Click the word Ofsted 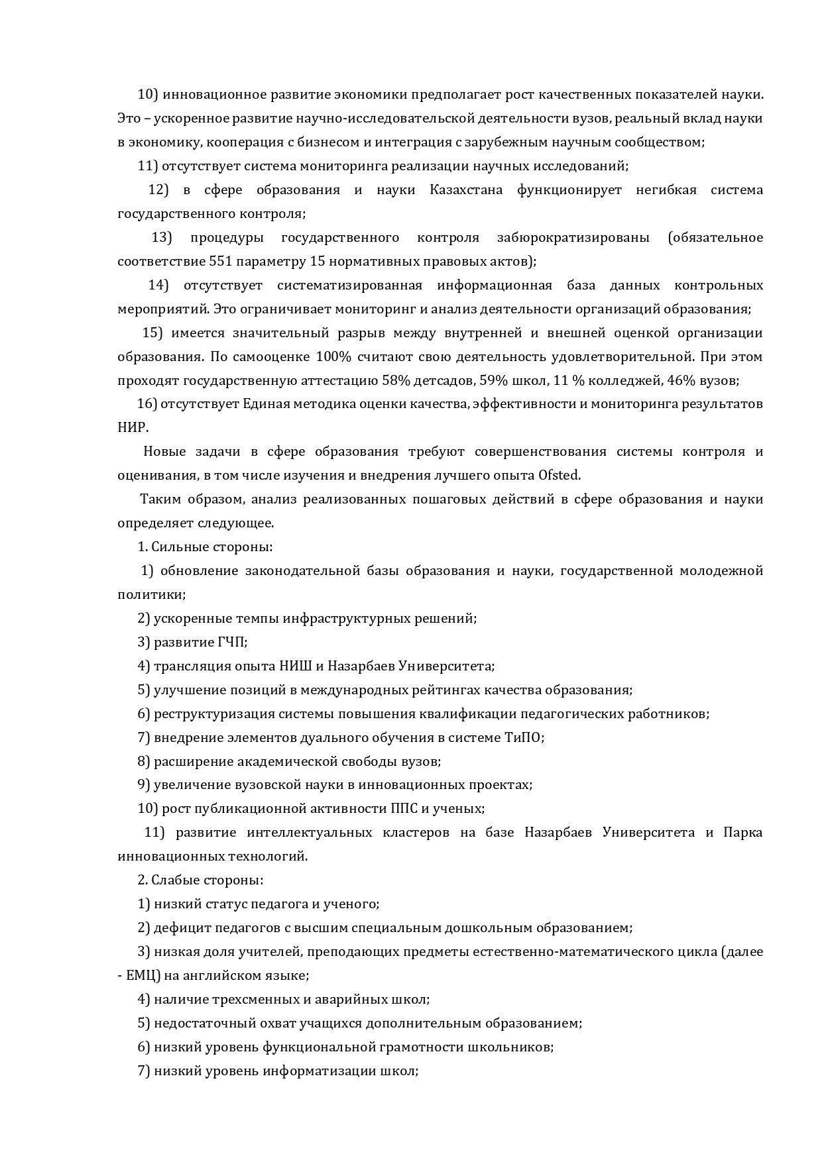coord(559,475)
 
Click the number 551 coord(220,261)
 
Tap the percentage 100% coord(333,356)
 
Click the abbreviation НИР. coord(132,427)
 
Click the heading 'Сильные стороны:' coord(212,547)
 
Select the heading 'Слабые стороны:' coord(207,880)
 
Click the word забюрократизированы coord(573,237)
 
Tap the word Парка coord(742,832)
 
